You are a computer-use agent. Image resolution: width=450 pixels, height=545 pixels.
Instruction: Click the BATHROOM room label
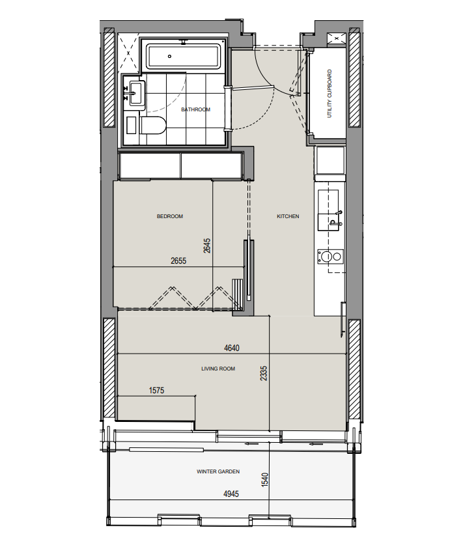point(195,109)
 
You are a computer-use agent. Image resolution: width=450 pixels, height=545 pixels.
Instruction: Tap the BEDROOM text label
point(170,216)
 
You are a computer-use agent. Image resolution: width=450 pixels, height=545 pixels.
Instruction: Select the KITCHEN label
point(288,216)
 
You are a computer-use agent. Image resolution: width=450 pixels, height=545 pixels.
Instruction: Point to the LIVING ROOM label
point(218,369)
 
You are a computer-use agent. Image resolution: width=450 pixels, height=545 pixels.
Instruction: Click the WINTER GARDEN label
point(218,471)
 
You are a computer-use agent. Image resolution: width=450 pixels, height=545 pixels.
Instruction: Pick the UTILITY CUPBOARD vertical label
point(330,94)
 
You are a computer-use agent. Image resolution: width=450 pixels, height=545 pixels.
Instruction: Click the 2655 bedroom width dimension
point(178,260)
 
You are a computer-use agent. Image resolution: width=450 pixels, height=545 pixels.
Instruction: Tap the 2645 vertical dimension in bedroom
point(207,245)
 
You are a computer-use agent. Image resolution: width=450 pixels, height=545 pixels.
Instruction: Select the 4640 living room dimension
point(232,348)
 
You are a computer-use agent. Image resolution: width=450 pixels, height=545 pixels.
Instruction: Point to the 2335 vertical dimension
point(264,373)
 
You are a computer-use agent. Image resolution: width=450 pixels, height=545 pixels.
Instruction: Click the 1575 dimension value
point(156,390)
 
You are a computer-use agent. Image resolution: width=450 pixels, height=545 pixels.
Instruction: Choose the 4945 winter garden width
point(231,494)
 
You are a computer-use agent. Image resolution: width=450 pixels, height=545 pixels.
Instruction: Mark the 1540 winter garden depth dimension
point(264,480)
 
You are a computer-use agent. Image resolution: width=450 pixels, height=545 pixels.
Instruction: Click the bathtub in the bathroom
point(184,56)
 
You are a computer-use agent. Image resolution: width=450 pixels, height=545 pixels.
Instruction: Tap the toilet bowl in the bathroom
point(152,126)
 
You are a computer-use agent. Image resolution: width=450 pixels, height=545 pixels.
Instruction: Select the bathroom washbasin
point(136,93)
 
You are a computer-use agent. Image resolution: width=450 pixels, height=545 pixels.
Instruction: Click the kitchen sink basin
point(328,202)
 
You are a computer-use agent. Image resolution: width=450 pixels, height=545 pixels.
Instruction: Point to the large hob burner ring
point(326,257)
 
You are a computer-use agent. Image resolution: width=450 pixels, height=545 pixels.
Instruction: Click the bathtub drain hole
point(170,56)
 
